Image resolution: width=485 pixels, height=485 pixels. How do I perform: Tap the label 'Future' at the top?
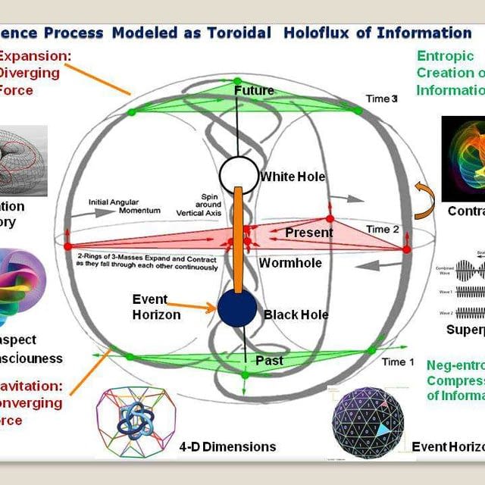pyautogui.click(x=254, y=91)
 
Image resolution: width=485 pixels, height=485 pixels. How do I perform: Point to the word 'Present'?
pyautogui.click(x=309, y=233)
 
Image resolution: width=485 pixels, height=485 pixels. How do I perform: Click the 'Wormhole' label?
pyautogui.click(x=290, y=264)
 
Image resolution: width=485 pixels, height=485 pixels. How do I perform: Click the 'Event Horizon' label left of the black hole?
pyautogui.click(x=156, y=307)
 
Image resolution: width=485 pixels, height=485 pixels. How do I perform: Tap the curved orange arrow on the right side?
pyautogui.click(x=424, y=199)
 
